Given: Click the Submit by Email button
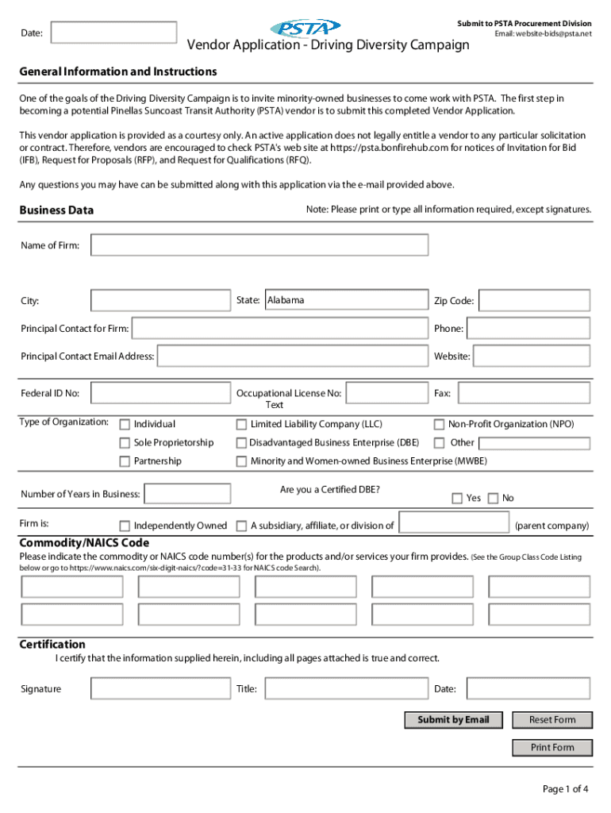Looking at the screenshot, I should click(454, 720).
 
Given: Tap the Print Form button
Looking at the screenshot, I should click(552, 748).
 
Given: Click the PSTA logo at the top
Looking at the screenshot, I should click(305, 28).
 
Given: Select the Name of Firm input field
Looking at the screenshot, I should click(259, 245).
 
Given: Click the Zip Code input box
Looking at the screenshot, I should click(535, 301).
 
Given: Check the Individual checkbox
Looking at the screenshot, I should click(125, 425).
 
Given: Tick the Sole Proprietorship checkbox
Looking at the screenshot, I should click(125, 443).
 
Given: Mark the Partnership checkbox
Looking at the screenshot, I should click(125, 461).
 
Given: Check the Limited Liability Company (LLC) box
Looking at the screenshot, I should click(241, 425).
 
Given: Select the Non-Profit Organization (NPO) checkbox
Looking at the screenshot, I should click(439, 425).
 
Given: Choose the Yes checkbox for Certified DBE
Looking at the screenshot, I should click(457, 499).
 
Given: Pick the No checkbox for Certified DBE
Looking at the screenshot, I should click(493, 499).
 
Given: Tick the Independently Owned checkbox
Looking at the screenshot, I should click(125, 526).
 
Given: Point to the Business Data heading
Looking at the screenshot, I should click(56, 210).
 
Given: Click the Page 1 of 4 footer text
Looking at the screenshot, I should click(565, 789).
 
